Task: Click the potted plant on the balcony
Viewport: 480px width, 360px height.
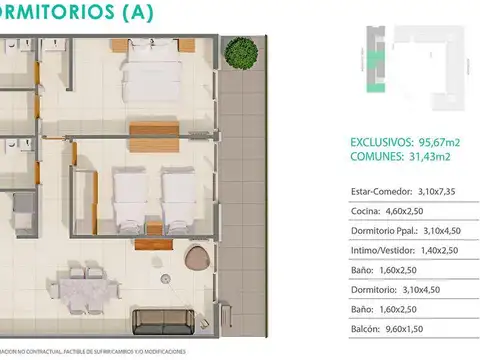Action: pyautogui.click(x=239, y=51)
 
